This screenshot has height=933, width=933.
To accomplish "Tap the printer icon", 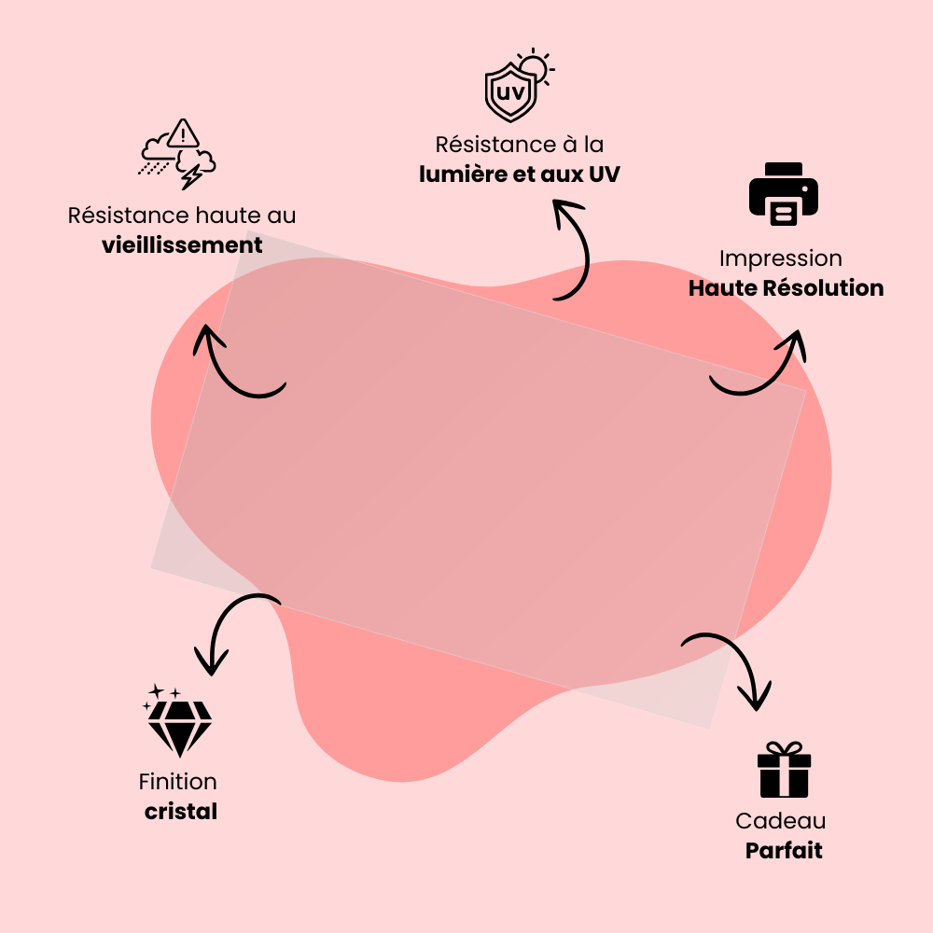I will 784,195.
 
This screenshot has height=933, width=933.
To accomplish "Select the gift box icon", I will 784,770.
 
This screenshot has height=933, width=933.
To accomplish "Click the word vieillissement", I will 182,245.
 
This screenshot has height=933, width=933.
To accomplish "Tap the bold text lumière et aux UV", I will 520,174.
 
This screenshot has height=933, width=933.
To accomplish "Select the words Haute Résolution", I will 786,288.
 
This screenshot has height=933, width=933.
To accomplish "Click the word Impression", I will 781,258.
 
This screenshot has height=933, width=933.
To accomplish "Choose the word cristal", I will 181,812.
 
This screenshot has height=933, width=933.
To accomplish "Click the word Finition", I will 177,782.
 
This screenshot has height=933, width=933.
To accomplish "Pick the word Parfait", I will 784,851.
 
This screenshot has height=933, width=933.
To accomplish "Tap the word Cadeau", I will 781,821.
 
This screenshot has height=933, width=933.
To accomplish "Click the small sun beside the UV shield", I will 535,66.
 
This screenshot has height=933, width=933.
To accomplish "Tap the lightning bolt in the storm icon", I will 194,174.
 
